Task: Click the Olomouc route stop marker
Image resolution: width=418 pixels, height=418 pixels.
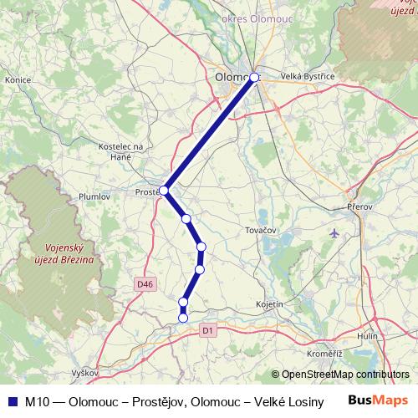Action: point(255,78)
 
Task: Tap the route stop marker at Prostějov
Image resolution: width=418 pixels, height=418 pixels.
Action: point(165,191)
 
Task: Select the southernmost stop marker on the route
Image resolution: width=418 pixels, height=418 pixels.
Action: point(183,317)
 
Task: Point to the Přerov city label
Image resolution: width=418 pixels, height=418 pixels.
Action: point(358,206)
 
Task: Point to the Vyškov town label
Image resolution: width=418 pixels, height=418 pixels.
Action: point(85,371)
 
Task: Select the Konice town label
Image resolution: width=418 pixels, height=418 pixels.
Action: point(18,80)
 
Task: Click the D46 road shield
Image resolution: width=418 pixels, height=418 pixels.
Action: point(145,284)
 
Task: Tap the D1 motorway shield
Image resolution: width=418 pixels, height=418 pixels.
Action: point(209,331)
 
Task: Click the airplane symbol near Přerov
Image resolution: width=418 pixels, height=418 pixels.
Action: point(336,232)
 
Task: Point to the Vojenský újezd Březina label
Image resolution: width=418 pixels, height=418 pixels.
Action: point(69,253)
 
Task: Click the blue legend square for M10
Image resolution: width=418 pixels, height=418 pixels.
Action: point(12,401)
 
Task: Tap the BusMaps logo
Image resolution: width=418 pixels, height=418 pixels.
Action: point(378,400)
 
